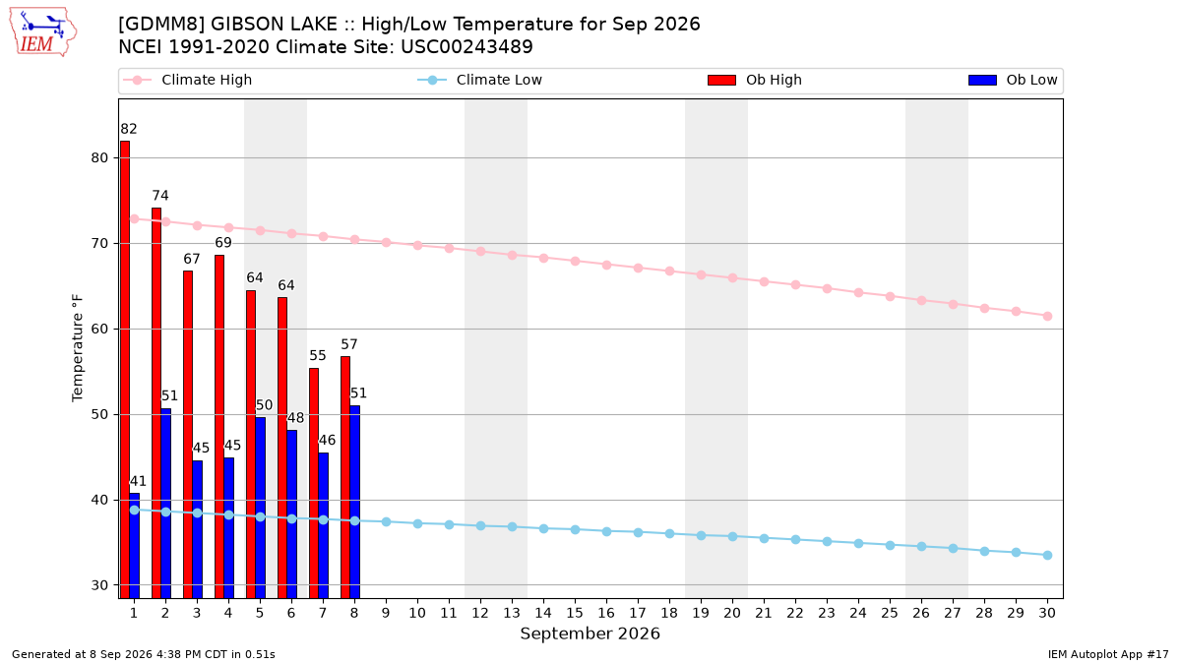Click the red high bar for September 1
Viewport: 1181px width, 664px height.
[x=124, y=370]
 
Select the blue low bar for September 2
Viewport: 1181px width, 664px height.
[x=165, y=504]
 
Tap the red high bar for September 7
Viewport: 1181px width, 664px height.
[x=314, y=483]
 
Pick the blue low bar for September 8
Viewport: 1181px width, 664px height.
[x=355, y=503]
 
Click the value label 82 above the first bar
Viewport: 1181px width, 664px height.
[x=129, y=129]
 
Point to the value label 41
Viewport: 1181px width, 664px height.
[x=138, y=481]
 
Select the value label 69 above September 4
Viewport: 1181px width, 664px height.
[x=223, y=242]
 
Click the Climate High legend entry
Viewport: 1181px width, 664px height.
[x=187, y=80]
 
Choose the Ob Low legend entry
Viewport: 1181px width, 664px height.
[x=1013, y=80]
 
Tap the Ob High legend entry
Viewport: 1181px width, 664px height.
[x=755, y=80]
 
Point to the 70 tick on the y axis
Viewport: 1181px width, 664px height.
[x=99, y=244]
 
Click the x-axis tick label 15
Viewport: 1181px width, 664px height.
[x=575, y=613]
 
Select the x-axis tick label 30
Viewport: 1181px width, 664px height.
[x=1047, y=613]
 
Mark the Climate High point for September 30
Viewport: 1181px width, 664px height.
[x=1047, y=316]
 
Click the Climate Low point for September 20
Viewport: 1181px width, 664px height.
[x=732, y=536]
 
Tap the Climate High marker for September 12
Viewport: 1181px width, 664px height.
[x=480, y=252]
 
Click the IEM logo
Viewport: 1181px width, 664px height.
[x=42, y=32]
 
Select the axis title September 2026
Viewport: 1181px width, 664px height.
[x=590, y=634]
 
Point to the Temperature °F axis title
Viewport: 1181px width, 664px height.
[x=78, y=348]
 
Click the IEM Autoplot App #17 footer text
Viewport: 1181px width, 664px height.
[x=1108, y=654]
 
